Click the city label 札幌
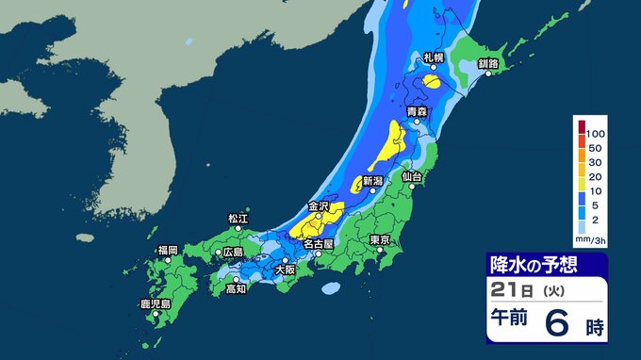pyautogui.click(x=433, y=57)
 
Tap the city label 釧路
pyautogui.click(x=487, y=62)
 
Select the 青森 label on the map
pyautogui.click(x=418, y=111)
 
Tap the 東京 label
pyautogui.click(x=381, y=239)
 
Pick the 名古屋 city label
pyautogui.click(x=319, y=243)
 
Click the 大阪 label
pyautogui.click(x=284, y=270)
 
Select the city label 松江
pyautogui.click(x=238, y=219)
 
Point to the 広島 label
pyautogui.click(x=231, y=252)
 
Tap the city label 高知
pyautogui.click(x=236, y=289)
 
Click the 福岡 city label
pyautogui.click(x=168, y=250)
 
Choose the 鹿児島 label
pyautogui.click(x=155, y=304)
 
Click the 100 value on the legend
pyautogui.click(x=597, y=137)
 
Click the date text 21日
pyautogui.click(x=508, y=290)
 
